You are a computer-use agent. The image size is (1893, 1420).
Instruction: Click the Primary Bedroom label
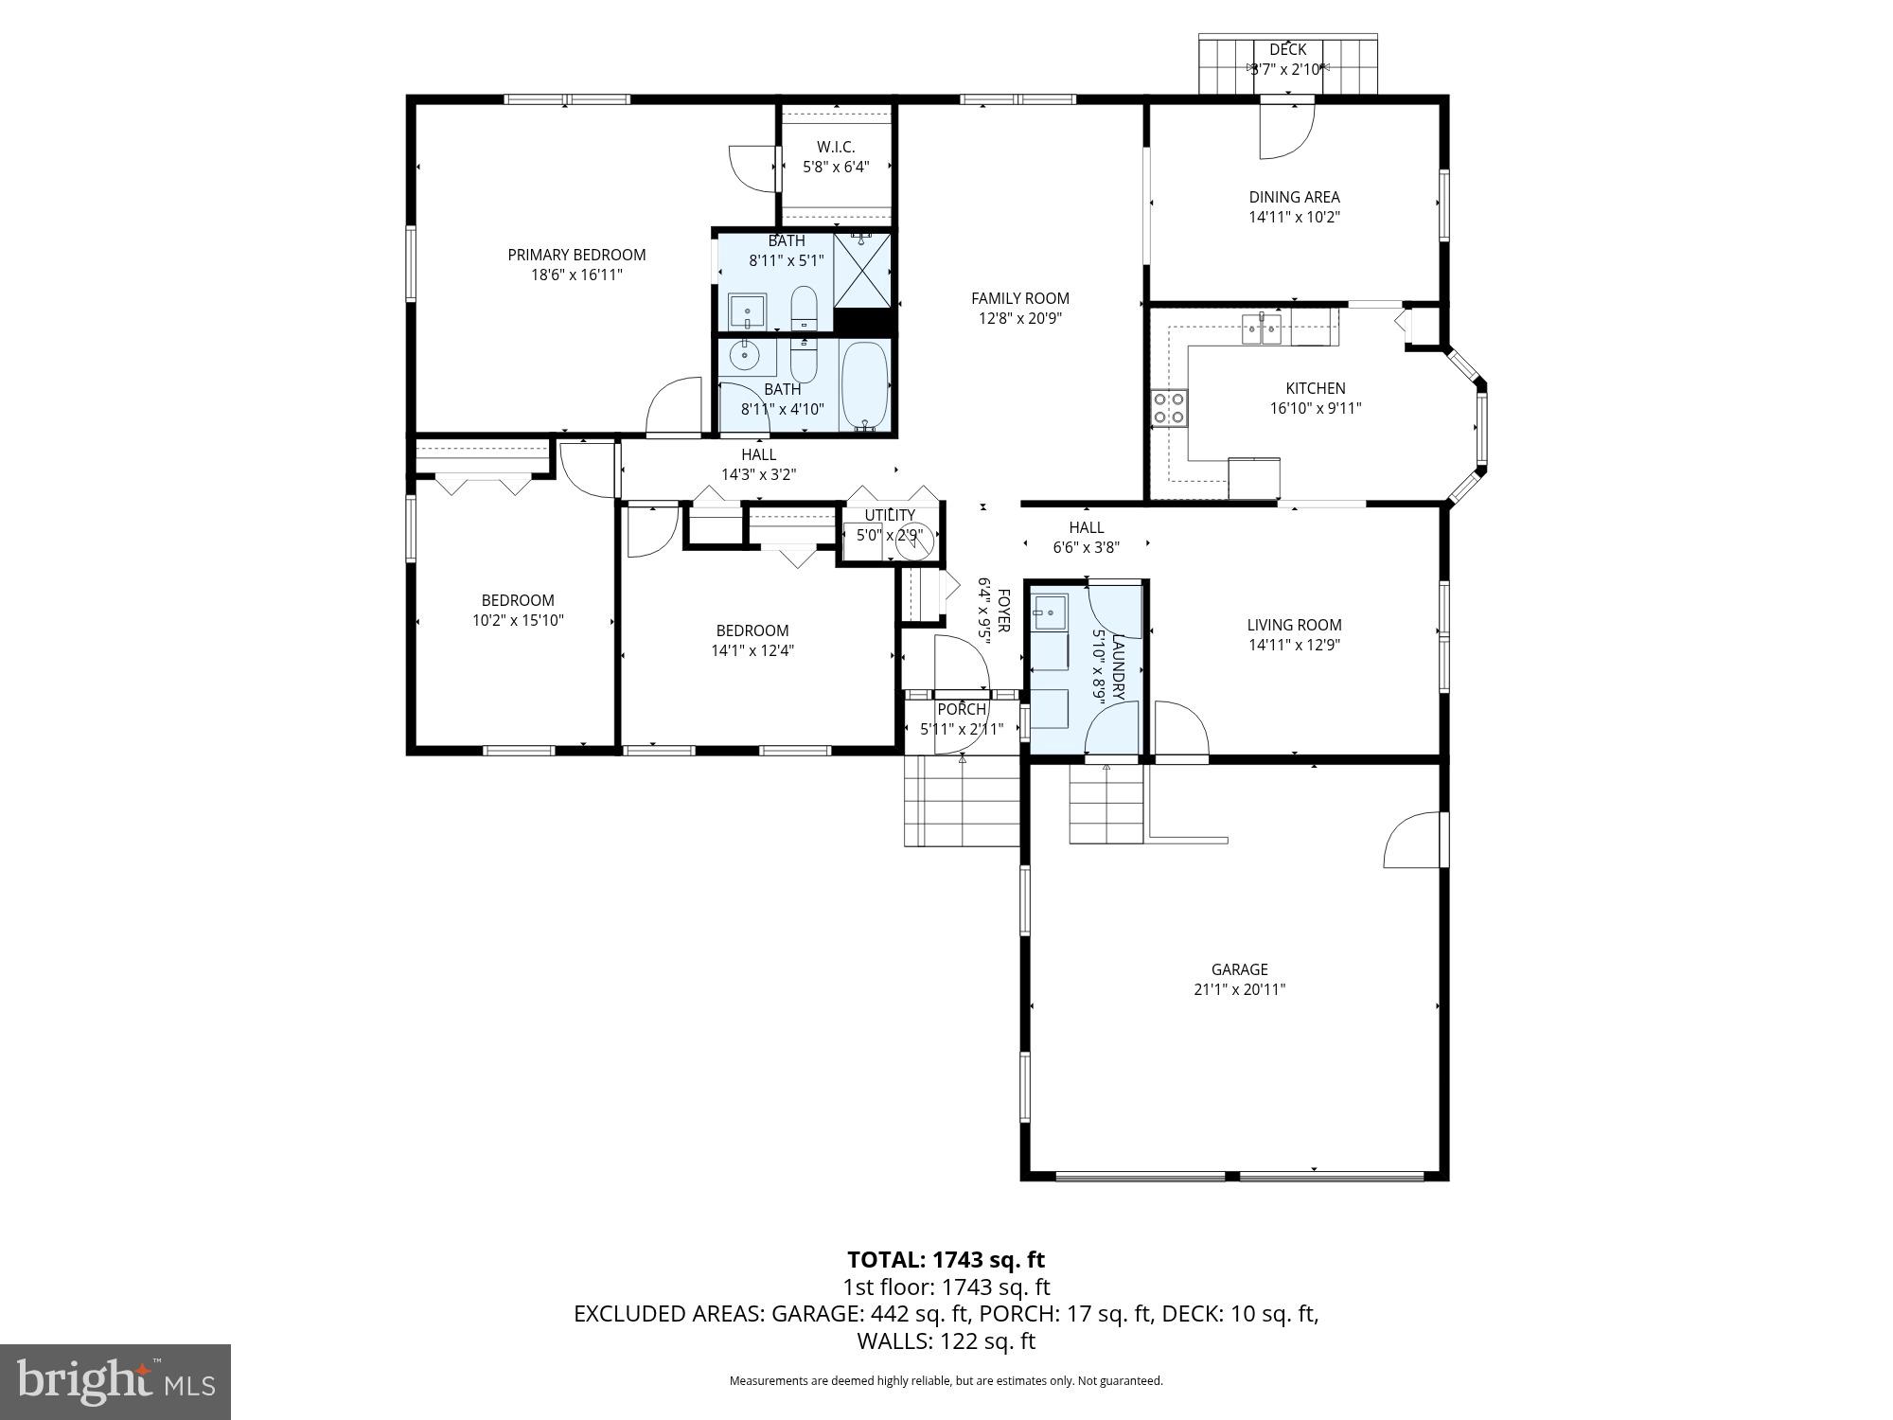click(x=576, y=255)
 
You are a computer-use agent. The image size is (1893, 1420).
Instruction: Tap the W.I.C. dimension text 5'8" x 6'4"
click(x=835, y=168)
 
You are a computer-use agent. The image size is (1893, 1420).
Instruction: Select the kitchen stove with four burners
click(x=1170, y=409)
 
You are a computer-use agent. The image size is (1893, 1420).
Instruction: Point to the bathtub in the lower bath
click(x=864, y=386)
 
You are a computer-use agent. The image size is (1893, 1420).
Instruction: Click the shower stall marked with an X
click(x=862, y=270)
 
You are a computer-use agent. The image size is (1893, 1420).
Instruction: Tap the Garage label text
click(x=1239, y=969)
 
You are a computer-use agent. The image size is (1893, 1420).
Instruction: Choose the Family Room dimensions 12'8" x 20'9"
click(x=1019, y=319)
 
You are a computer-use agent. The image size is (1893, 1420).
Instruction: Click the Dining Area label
click(x=1294, y=197)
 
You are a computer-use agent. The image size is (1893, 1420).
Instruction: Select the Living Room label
click(x=1294, y=625)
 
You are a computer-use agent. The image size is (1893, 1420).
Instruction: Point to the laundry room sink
click(x=1050, y=612)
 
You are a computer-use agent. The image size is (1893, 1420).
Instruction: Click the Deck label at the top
click(x=1287, y=49)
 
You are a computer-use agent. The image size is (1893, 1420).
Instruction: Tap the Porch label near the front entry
click(x=962, y=710)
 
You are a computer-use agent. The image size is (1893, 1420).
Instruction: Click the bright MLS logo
click(x=115, y=1382)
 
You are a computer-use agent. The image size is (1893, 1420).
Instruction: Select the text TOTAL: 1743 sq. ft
click(x=946, y=1260)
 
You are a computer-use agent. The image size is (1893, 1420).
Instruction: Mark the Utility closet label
click(x=890, y=516)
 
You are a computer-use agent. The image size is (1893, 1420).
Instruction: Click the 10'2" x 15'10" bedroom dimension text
click(x=518, y=621)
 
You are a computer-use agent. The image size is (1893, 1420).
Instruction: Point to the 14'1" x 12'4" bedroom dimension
click(x=752, y=651)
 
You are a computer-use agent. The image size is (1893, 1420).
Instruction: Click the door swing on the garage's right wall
click(x=1413, y=840)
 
